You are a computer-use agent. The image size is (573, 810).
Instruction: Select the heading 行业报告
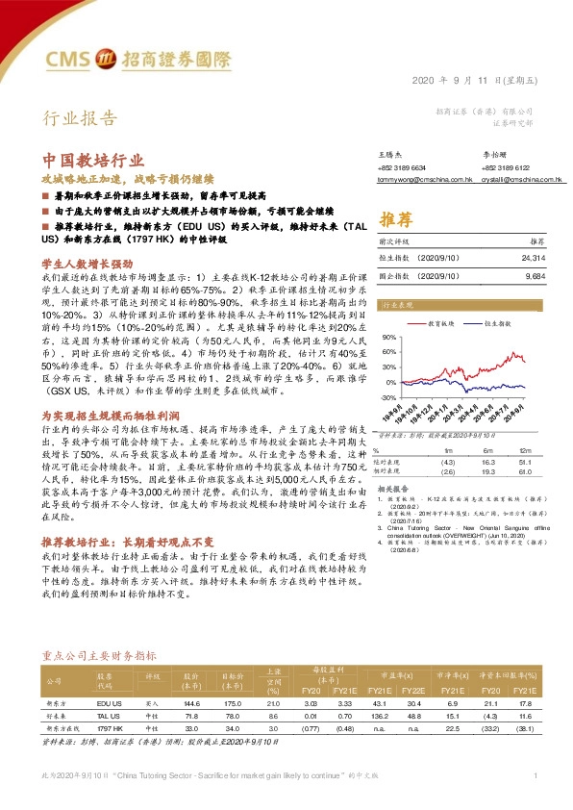click(x=82, y=119)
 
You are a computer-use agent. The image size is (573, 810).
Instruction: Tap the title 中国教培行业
click(x=93, y=161)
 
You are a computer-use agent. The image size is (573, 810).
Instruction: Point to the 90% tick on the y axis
click(x=388, y=338)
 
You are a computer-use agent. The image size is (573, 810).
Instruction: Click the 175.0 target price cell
click(x=231, y=705)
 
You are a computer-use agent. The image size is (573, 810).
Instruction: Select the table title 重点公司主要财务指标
click(x=100, y=655)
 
